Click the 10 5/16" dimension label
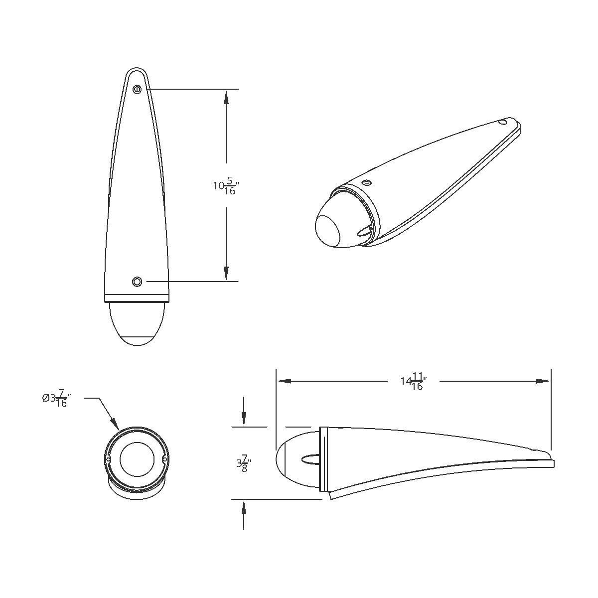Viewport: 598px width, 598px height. pos(224,187)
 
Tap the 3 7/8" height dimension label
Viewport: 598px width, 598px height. pos(244,464)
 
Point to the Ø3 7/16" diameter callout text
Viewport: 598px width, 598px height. pos(56,399)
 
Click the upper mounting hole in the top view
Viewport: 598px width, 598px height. pos(137,89)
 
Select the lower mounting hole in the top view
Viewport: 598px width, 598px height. pos(137,282)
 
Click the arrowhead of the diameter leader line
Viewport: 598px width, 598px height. pos(116,425)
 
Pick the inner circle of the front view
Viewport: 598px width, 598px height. pos(137,458)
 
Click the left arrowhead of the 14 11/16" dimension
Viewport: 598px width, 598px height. pos(283,381)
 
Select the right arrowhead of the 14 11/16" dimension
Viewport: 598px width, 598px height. pos(544,381)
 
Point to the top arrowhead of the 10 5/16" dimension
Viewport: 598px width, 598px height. pos(226,97)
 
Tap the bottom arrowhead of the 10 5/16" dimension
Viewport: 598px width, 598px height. pos(226,274)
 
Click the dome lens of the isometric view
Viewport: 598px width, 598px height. pos(332,228)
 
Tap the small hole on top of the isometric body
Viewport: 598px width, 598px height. pos(367,182)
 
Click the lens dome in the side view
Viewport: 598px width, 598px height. pos(294,458)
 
